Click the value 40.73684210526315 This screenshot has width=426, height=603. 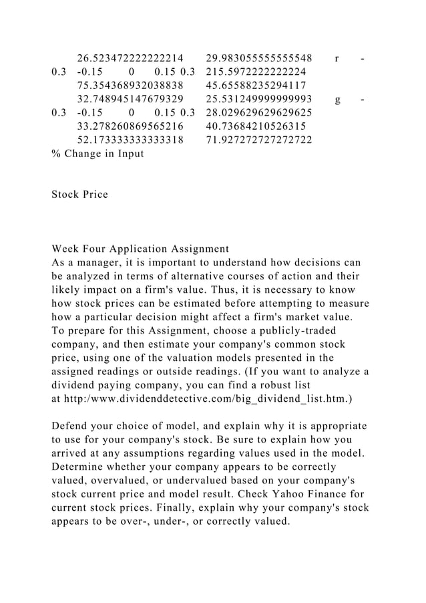click(x=256, y=126)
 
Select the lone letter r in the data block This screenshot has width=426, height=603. click(x=337, y=58)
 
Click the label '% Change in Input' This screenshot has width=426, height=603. click(x=97, y=154)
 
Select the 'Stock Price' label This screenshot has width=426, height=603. click(x=79, y=195)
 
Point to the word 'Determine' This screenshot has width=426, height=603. click(x=82, y=467)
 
